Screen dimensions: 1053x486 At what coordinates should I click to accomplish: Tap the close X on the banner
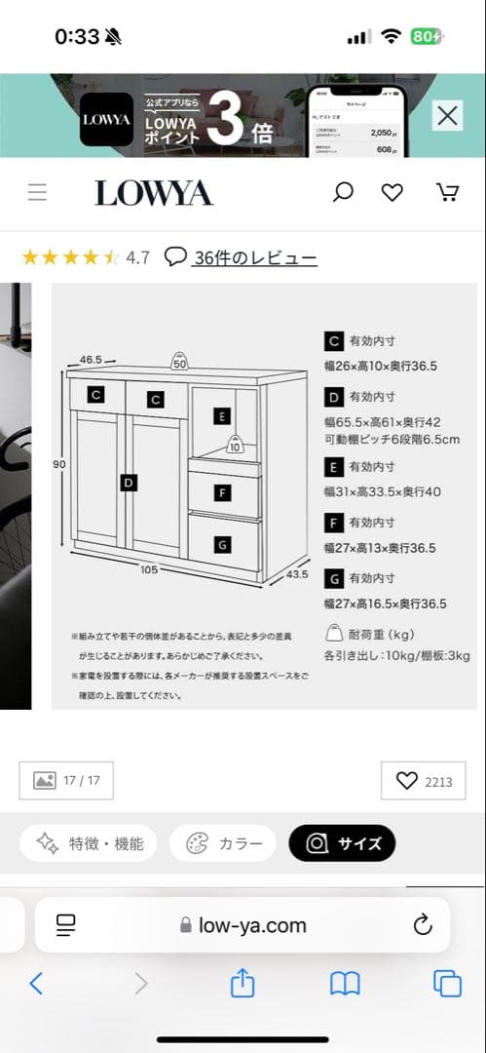(447, 116)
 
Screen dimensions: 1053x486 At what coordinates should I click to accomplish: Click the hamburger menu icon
(37, 192)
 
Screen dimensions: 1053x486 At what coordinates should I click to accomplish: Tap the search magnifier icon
(343, 192)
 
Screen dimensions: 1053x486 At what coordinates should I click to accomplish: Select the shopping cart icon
(447, 192)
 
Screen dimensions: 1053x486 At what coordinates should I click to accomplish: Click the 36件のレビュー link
(255, 258)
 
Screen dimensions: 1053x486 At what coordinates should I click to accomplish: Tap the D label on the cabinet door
(129, 482)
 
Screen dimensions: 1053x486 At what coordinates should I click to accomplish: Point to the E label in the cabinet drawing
(222, 417)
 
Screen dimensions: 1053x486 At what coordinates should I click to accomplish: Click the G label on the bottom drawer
(223, 544)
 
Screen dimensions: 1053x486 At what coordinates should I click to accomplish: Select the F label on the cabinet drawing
(223, 494)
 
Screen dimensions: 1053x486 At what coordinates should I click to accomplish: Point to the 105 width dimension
(149, 569)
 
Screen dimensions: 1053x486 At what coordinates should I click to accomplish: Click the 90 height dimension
(59, 465)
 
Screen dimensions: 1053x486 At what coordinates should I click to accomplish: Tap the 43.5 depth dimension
(297, 574)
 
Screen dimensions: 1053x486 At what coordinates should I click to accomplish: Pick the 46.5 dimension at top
(92, 360)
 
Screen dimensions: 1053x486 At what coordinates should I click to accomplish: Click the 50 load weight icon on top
(179, 362)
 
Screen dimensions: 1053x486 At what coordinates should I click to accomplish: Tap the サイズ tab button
(342, 843)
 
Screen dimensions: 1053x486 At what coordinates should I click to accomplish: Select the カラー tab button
(224, 843)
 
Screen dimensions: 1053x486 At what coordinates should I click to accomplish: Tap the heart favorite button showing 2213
(424, 781)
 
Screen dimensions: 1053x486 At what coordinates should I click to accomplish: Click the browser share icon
(243, 984)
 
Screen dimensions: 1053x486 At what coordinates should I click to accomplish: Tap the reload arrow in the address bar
(422, 925)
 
